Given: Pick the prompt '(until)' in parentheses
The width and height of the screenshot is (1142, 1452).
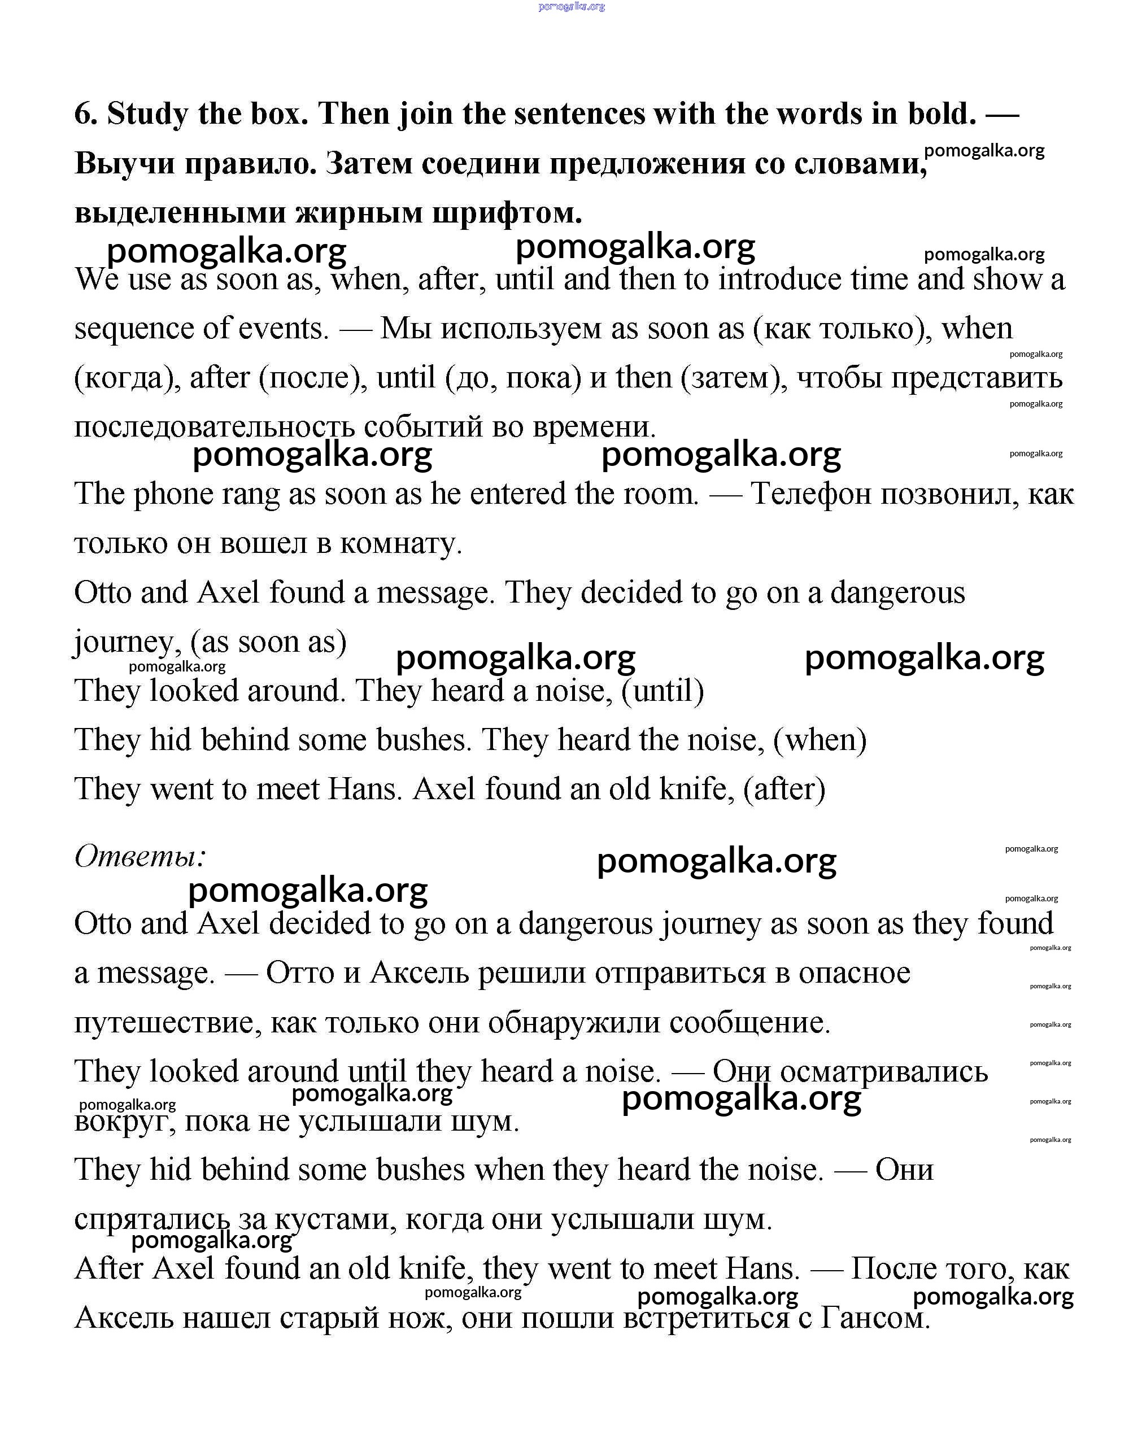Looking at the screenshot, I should coord(662,691).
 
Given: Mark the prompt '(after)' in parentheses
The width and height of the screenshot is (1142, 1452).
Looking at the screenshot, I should coord(784,790).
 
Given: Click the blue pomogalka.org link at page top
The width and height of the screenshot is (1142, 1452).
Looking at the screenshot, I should coord(571,7).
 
